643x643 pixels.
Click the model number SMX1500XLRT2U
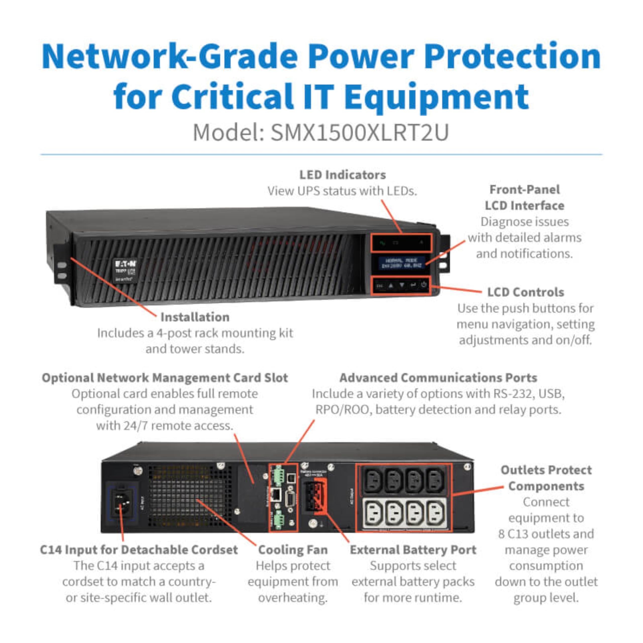(x=359, y=132)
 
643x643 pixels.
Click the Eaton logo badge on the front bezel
(x=125, y=270)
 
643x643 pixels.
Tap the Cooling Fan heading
(x=293, y=550)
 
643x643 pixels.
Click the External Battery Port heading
(x=413, y=550)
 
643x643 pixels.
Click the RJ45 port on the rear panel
(x=276, y=495)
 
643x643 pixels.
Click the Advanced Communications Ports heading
(x=438, y=378)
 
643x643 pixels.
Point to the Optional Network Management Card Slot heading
(x=165, y=378)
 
